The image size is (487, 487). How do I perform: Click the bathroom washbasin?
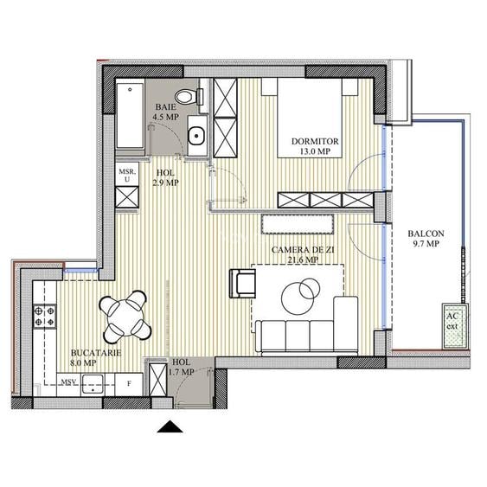(195, 135)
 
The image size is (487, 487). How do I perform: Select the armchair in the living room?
(242, 283)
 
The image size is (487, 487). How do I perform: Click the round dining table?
(122, 316)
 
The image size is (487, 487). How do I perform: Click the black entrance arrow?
(171, 425)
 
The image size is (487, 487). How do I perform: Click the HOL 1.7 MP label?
(182, 367)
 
